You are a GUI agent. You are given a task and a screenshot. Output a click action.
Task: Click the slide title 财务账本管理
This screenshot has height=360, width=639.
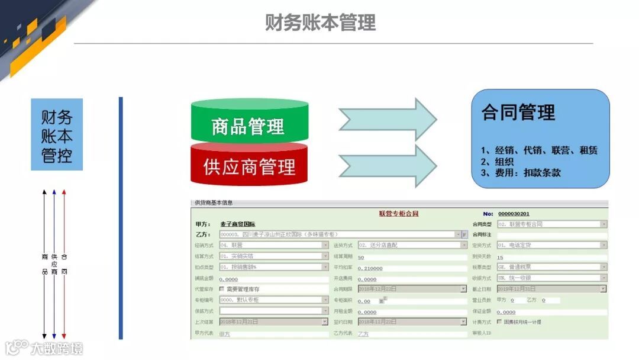click(320, 22)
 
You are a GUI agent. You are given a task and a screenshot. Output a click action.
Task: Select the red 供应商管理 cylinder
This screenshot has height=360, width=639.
click(248, 166)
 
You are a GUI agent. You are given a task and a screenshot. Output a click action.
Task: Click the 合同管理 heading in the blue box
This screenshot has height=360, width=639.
click(518, 112)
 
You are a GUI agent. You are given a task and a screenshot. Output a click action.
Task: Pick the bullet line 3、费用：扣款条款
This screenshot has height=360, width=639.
click(521, 173)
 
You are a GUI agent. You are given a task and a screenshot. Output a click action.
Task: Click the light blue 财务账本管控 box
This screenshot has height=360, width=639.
click(57, 136)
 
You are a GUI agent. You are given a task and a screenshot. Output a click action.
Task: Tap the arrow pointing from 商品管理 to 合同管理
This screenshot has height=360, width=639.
click(388, 119)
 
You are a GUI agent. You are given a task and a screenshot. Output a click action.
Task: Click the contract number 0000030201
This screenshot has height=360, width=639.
click(514, 214)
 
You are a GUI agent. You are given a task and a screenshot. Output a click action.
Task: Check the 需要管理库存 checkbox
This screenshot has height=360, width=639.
click(222, 289)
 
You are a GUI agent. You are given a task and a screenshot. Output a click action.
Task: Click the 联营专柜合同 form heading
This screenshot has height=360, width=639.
click(398, 214)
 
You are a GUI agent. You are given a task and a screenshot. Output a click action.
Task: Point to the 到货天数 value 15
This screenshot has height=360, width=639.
click(500, 257)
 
